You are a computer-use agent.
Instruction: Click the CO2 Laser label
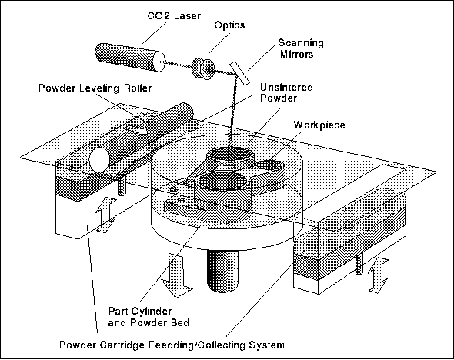[x=174, y=15]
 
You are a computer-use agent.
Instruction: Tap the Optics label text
[x=229, y=25]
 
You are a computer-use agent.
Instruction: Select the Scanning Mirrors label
[x=300, y=48]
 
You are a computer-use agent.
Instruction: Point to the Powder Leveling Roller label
[x=95, y=88]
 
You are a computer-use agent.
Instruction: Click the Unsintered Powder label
[x=286, y=92]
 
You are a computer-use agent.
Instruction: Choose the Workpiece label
[x=319, y=125]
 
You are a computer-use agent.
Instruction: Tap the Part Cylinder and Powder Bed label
[x=149, y=317]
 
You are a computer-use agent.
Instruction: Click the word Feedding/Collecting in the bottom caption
[x=194, y=345]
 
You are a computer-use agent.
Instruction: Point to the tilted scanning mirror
[x=240, y=74]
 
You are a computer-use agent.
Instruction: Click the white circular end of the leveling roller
[x=99, y=159]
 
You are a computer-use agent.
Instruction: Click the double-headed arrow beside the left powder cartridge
[x=105, y=215]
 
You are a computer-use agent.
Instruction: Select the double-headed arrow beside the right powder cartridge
[x=378, y=276]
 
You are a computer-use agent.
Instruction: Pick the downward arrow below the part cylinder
[x=176, y=276]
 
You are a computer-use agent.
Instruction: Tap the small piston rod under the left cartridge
[x=122, y=187]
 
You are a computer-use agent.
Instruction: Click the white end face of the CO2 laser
[x=159, y=62]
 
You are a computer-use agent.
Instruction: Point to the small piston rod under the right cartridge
[x=359, y=263]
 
